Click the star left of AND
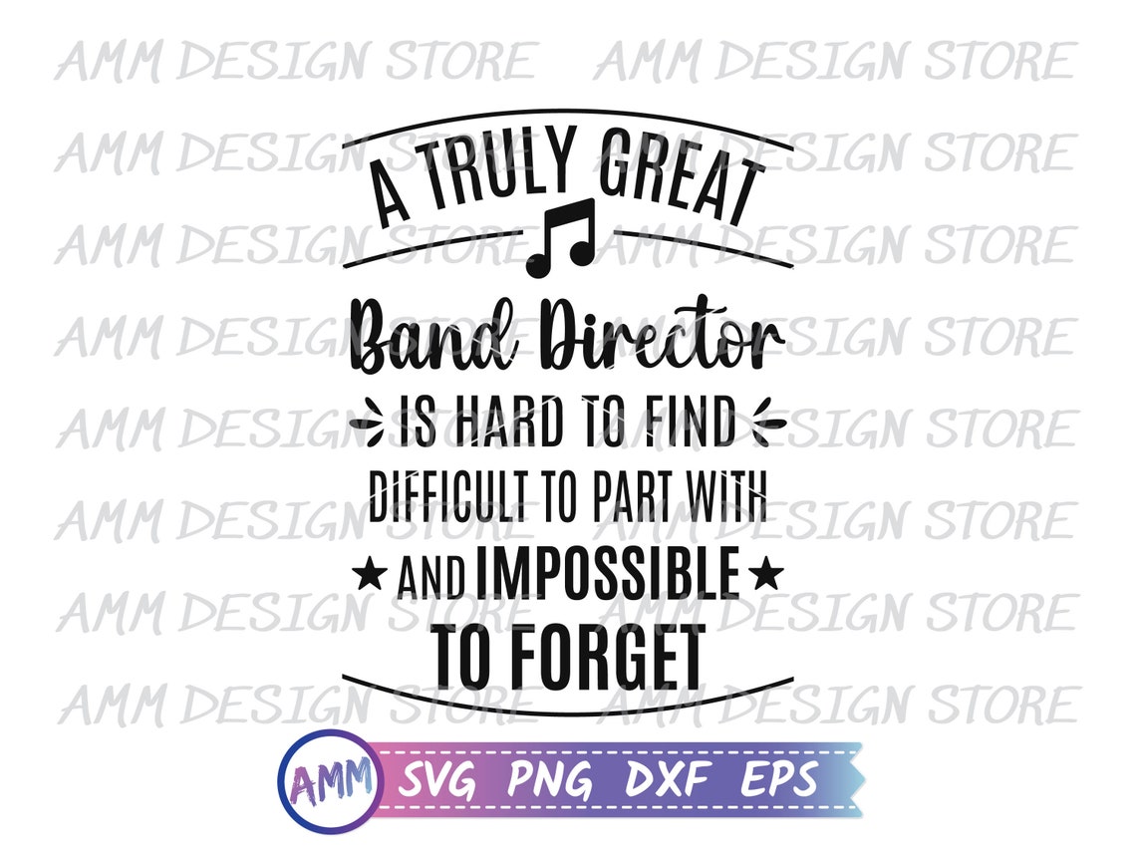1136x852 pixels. click(x=371, y=575)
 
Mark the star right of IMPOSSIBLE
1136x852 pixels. click(x=765, y=575)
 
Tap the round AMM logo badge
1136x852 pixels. click(x=328, y=780)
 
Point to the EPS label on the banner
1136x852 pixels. click(x=778, y=778)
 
